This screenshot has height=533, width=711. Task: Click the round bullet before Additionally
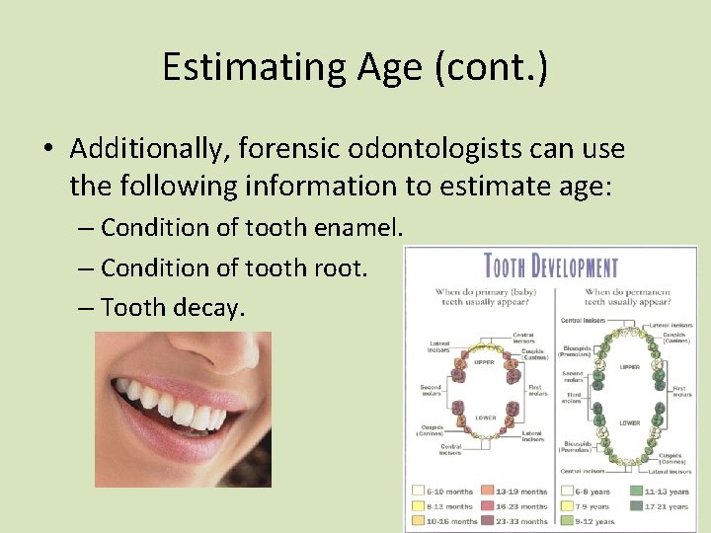(47, 150)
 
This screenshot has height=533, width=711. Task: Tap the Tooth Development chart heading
(550, 266)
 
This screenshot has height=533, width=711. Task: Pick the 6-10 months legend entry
(449, 491)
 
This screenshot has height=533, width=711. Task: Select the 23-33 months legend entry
(520, 520)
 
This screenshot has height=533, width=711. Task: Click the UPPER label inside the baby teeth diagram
(485, 361)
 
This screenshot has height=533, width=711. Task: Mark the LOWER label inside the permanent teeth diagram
(630, 422)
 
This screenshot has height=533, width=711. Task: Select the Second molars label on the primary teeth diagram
(431, 390)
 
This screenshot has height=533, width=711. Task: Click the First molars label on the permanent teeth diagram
(680, 391)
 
